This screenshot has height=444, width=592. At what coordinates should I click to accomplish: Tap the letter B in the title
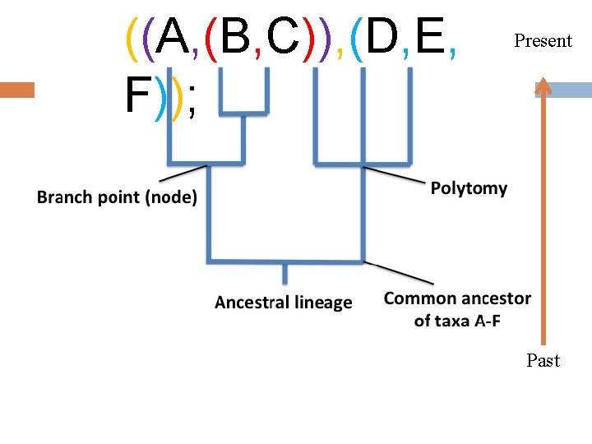pyautogui.click(x=235, y=36)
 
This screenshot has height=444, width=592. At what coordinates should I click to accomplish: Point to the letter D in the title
pyautogui.click(x=382, y=36)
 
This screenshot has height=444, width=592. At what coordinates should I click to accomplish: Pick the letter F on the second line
pyautogui.click(x=136, y=96)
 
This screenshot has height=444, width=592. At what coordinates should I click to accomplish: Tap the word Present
pyautogui.click(x=543, y=40)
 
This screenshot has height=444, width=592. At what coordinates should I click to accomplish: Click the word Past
pyautogui.click(x=543, y=360)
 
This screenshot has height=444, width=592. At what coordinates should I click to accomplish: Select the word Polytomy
pyautogui.click(x=469, y=188)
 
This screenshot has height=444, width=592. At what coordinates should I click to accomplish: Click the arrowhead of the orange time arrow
pyautogui.click(x=543, y=86)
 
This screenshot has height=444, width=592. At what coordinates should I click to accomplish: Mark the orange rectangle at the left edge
pyautogui.click(x=17, y=90)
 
